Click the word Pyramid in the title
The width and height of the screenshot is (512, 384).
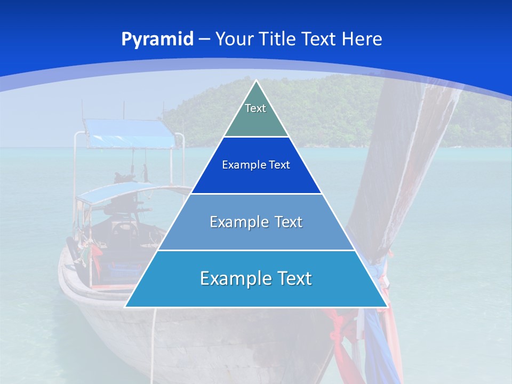[x=157, y=39]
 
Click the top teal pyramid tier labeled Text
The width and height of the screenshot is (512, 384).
[x=256, y=115]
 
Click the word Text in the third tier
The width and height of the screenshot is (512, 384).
[x=289, y=222]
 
